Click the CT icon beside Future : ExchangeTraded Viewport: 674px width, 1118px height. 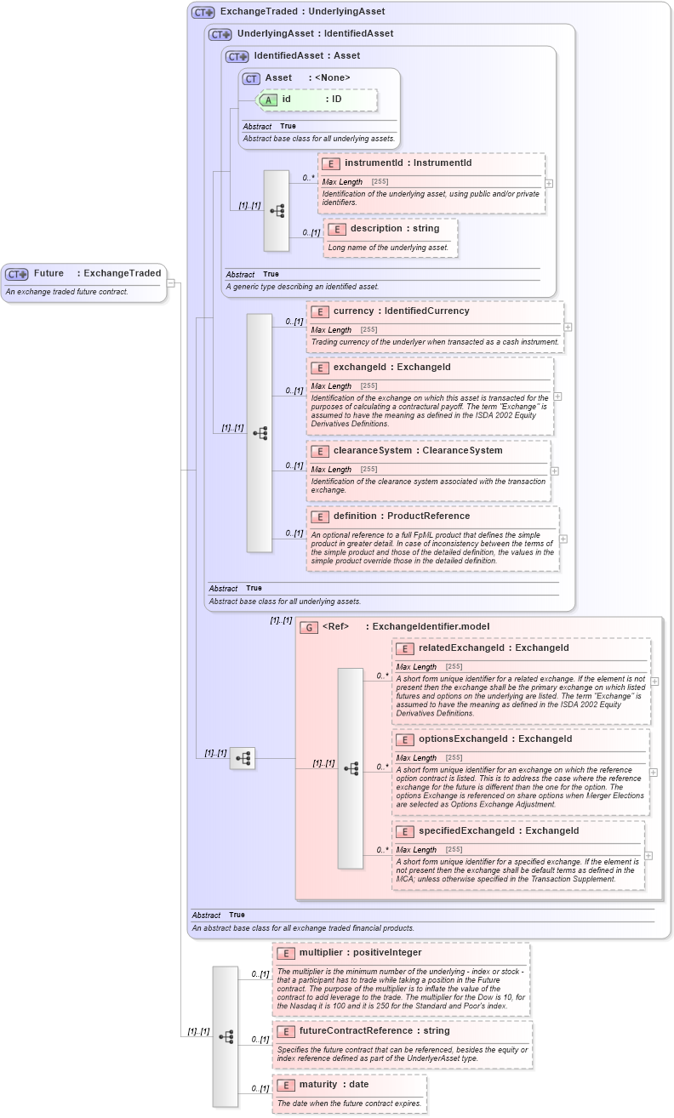click(17, 274)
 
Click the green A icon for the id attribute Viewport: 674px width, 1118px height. click(268, 100)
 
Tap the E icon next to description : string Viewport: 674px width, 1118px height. click(337, 229)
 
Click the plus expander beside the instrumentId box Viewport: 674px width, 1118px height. click(549, 183)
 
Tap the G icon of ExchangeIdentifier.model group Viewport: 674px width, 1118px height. click(310, 627)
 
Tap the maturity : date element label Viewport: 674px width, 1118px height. click(333, 1085)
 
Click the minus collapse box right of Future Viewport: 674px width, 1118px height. click(171, 282)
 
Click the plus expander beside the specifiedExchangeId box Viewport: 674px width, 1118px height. click(648, 856)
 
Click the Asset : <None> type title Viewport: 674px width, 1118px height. click(307, 78)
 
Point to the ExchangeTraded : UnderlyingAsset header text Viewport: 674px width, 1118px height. click(302, 12)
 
